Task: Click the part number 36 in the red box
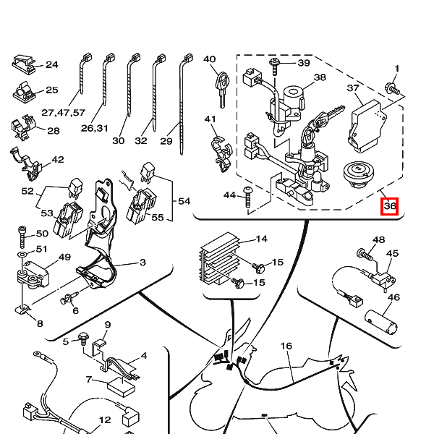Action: pos(390,206)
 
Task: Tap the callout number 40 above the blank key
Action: pos(209,59)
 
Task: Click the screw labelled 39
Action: pos(275,67)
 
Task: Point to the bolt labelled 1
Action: pos(393,88)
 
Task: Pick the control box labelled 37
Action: pos(367,126)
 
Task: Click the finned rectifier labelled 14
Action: pos(219,258)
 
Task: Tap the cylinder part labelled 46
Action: pos(381,322)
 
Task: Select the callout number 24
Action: pos(52,65)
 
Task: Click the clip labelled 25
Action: pos(25,92)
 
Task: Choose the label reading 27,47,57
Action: pos(64,113)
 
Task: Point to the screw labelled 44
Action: pos(247,197)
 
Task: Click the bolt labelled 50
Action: pos(22,237)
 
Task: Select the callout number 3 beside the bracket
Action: pos(142,262)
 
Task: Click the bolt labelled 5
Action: pos(83,339)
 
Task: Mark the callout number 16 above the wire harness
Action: pos(286,346)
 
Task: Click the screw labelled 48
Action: pos(365,254)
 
